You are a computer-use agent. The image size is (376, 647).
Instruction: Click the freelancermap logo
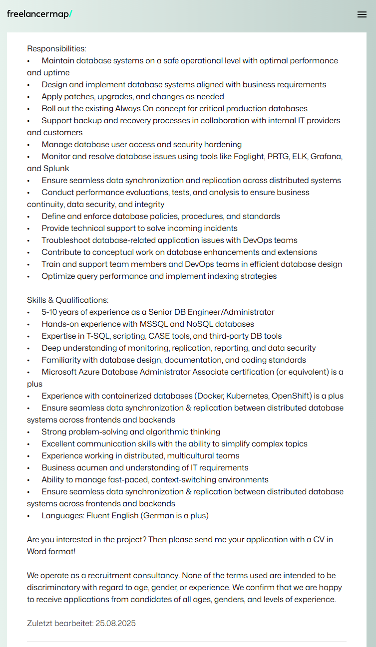39,14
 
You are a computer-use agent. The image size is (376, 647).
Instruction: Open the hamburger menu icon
362,14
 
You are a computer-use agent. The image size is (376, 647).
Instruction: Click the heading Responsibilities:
56,48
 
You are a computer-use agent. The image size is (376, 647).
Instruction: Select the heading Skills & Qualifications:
67,300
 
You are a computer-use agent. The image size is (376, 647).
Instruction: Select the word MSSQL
155,324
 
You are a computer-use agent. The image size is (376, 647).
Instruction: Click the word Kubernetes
247,396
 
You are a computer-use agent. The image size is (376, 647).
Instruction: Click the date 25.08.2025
115,623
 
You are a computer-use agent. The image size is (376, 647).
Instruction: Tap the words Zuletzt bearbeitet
60,623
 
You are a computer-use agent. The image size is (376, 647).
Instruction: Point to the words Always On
134,108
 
